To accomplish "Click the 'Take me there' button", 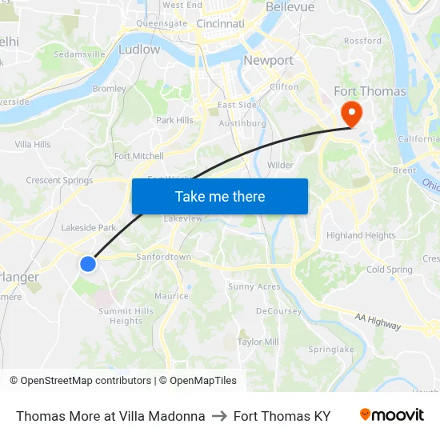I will (220, 196).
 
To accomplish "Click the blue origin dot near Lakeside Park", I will (88, 263).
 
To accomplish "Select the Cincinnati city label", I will (220, 24).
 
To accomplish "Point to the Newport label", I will (268, 60).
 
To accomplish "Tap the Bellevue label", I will (290, 6).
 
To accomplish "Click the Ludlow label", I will (138, 50).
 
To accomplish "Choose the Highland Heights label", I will (361, 235).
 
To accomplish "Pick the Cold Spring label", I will (389, 270).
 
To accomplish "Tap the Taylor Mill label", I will (258, 342).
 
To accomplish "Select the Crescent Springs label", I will (59, 180).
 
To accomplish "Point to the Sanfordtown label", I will (163, 257).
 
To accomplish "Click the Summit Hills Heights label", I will (126, 316).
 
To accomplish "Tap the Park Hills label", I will (174, 120).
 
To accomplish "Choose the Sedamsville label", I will (78, 54).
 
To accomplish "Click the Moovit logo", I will (391, 415).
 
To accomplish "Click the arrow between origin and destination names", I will (219, 416).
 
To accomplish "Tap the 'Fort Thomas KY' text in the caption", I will (282, 416).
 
